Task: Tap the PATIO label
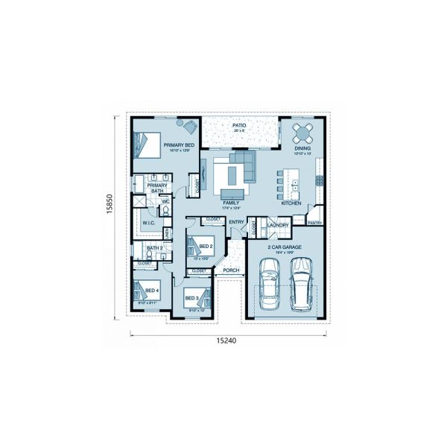(x=239, y=125)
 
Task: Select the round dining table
(x=302, y=133)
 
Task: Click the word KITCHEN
(x=291, y=203)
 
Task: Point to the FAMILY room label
(x=230, y=203)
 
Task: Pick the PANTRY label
(x=314, y=222)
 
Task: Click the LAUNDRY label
(x=277, y=224)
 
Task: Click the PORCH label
(x=229, y=270)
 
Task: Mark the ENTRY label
(x=236, y=222)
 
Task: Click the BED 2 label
(x=206, y=246)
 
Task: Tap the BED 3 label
(x=191, y=298)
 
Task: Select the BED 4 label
(x=151, y=291)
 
